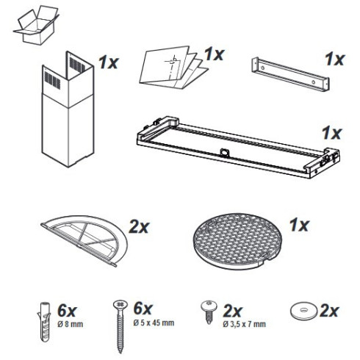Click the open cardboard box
[37, 26]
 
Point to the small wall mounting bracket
[290, 73]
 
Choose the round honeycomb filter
[237, 241]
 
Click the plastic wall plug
[45, 322]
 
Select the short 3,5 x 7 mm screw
[209, 312]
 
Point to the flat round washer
[304, 311]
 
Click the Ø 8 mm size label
[71, 325]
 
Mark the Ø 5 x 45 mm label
[154, 323]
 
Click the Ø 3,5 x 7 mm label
[244, 324]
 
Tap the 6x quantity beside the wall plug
[67, 311]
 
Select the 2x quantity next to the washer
[329, 311]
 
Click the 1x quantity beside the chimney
[109, 62]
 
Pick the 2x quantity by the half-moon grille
[139, 227]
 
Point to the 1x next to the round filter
[299, 226]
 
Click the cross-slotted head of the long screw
[120, 304]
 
